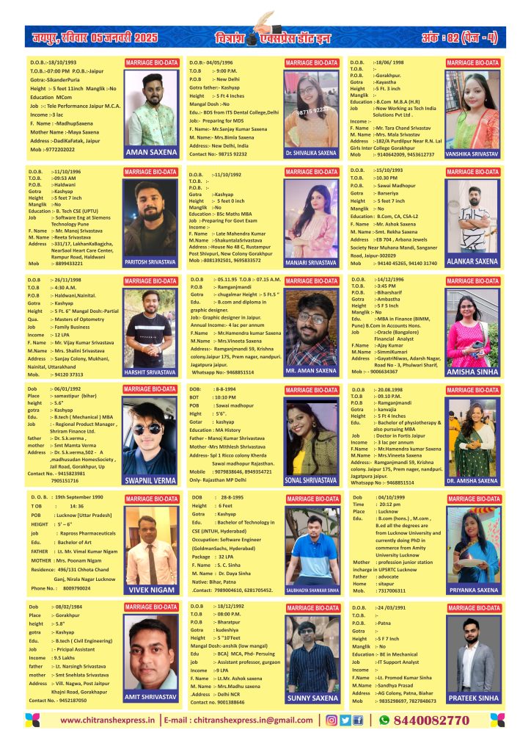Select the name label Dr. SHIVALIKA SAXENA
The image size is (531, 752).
tap(311, 153)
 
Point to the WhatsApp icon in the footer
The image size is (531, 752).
tap(384, 720)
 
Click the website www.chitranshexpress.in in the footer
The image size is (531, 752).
tap(109, 720)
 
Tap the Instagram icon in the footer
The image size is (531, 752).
tap(331, 720)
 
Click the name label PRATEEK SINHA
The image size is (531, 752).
tap(472, 698)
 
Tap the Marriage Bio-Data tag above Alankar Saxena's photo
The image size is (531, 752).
tap(472, 172)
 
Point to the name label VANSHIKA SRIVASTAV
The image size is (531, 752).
tap(472, 153)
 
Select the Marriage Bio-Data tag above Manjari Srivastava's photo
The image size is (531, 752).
tap(311, 172)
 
